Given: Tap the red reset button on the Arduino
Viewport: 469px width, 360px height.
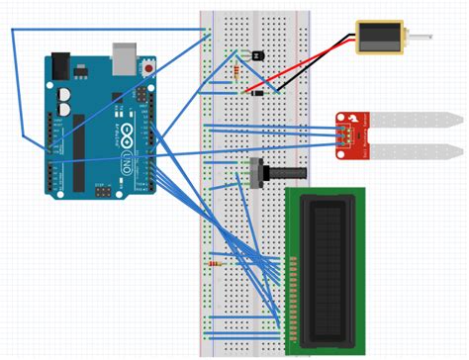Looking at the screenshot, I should (x=147, y=69).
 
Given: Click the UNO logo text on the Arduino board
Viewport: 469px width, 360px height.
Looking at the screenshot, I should (x=127, y=159).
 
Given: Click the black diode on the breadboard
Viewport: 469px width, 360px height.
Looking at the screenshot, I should (x=256, y=93).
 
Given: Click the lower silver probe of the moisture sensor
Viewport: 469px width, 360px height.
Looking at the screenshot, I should (x=416, y=151).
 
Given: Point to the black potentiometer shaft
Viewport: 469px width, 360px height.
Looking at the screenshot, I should (x=287, y=172).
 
